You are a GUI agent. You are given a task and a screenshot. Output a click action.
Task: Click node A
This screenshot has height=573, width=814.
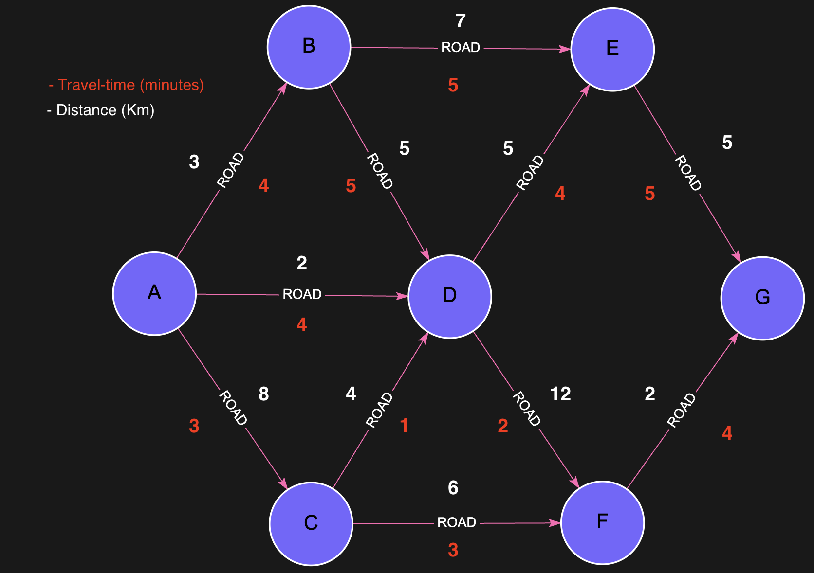point(154,293)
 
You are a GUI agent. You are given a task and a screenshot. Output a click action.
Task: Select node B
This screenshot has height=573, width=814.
point(309,47)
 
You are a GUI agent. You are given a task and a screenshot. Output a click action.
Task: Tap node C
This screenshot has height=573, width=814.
point(311,523)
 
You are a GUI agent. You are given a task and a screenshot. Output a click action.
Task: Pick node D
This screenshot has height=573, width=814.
point(450,296)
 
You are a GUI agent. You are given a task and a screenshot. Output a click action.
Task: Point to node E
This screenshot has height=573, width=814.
point(612,49)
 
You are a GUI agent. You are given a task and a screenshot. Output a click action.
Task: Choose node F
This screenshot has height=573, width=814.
point(602,522)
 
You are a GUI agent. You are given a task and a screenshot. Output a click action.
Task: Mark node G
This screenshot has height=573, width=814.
point(762,298)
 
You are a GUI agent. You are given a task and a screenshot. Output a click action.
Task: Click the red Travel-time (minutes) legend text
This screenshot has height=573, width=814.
point(127,85)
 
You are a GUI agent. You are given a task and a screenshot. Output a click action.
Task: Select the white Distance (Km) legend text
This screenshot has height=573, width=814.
point(101,110)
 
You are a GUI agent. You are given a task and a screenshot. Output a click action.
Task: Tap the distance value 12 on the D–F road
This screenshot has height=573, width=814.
point(560,394)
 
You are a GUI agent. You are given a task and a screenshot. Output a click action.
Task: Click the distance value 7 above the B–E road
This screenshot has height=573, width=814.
point(460,21)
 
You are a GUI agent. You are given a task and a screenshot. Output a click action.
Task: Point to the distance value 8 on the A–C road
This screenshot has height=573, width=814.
point(263,394)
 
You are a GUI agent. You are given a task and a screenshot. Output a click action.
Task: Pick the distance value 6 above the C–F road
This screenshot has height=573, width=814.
point(453,487)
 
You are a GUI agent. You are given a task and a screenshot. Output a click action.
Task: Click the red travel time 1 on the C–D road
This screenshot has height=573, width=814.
point(404,426)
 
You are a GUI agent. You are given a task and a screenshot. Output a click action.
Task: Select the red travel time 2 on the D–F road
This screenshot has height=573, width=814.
point(503,426)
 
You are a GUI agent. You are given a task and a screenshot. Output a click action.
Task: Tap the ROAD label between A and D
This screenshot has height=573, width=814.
point(302,294)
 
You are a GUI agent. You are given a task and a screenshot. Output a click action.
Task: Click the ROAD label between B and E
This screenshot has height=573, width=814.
point(460,48)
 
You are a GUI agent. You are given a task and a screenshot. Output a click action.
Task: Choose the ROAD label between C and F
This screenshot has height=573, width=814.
point(456,522)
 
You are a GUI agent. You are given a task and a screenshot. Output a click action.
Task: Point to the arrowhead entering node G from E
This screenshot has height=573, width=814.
point(738,257)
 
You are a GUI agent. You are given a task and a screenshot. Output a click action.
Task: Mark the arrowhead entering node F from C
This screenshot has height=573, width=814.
point(555,523)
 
